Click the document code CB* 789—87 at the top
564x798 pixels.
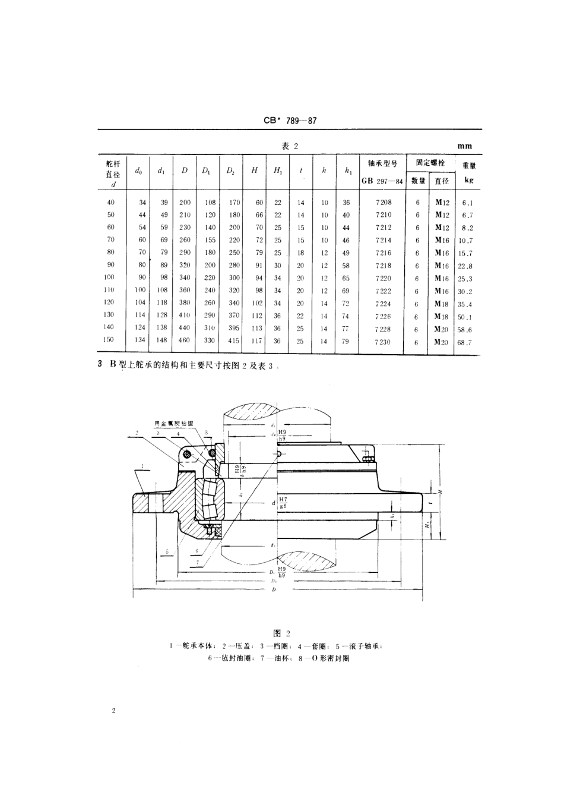pos(290,120)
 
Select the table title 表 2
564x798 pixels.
pos(288,146)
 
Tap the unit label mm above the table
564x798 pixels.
pos(465,146)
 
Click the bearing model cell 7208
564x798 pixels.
pos(384,203)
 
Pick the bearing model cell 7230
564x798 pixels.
pos(384,342)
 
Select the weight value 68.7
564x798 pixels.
pos(465,342)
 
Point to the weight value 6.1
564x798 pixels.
pos(466,203)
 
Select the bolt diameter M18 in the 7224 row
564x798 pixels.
pos(441,304)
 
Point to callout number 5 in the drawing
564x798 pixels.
pos(168,551)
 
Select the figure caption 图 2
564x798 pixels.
pos(281,633)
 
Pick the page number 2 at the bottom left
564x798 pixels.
pos(112,711)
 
